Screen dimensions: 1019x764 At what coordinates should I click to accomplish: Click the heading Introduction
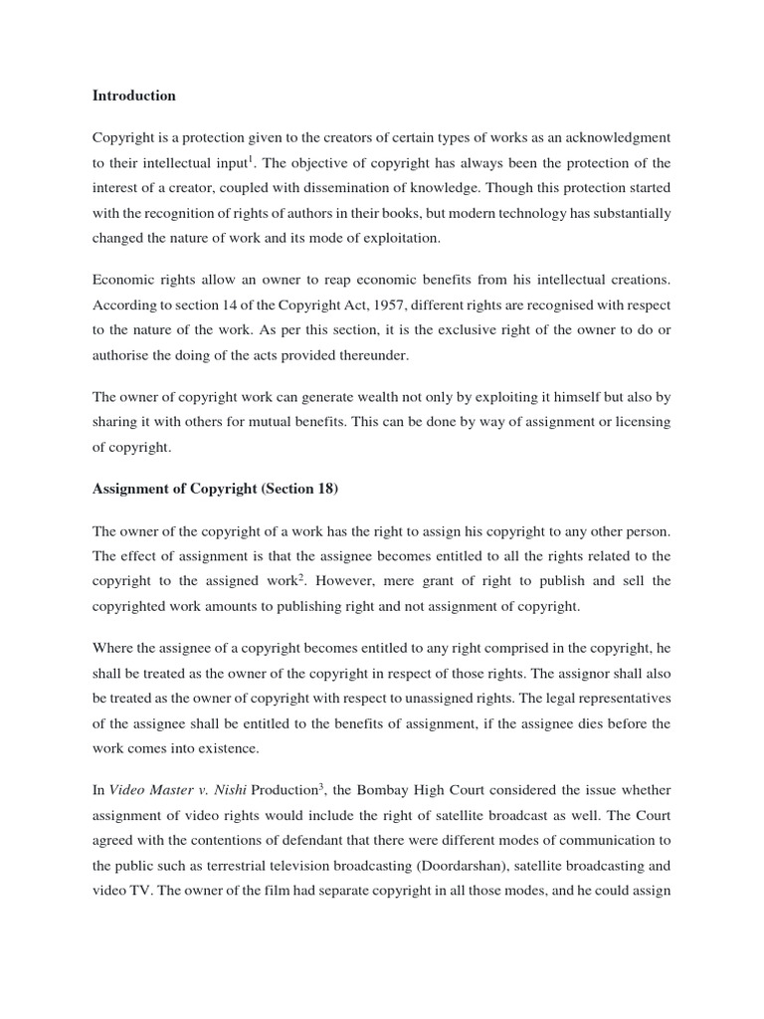tap(133, 97)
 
